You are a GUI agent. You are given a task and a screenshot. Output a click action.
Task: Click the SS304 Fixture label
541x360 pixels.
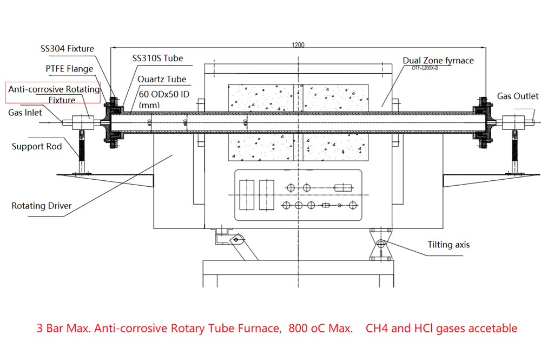click(67, 49)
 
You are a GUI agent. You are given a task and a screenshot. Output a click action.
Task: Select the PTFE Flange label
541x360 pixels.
click(69, 69)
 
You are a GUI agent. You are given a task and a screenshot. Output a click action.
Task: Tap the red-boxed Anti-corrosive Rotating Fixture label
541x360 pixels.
click(54, 94)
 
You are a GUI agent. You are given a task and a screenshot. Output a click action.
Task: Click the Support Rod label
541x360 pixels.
click(37, 146)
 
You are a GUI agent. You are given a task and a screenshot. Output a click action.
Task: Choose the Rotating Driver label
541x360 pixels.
click(42, 206)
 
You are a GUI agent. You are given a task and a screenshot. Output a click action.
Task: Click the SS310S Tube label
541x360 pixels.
click(157, 58)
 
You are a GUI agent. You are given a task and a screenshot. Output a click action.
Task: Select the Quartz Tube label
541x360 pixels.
click(161, 79)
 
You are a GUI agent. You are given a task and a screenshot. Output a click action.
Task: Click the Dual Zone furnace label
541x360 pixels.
click(438, 60)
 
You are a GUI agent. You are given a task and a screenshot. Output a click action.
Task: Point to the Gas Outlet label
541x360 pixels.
click(518, 96)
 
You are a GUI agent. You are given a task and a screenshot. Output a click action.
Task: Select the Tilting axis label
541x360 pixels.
click(448, 245)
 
